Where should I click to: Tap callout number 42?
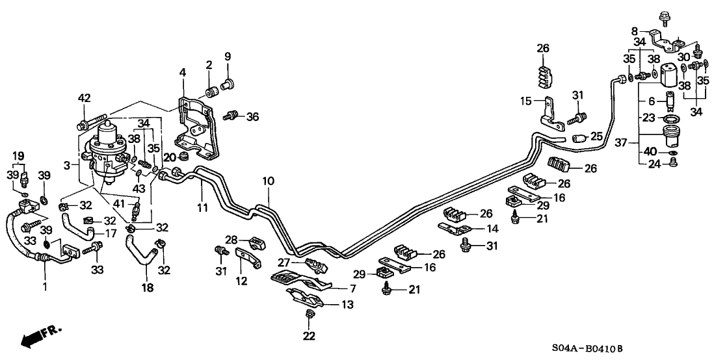click(84, 99)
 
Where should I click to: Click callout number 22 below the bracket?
click(309, 336)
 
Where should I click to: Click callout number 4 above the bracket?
click(183, 71)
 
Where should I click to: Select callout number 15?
click(526, 101)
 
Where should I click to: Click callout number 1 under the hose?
click(44, 287)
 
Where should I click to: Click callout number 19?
click(18, 156)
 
